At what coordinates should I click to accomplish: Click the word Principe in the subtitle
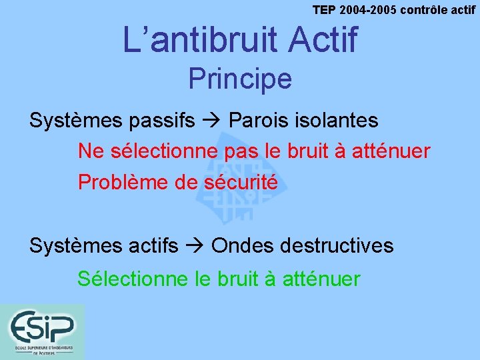point(240,79)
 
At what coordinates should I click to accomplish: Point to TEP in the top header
point(325,9)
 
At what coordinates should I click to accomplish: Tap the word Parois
point(256,121)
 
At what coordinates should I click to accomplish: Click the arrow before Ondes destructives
point(195,246)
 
